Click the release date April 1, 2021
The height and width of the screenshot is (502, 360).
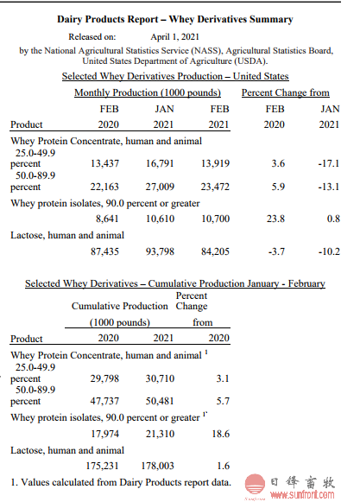[x=174, y=37]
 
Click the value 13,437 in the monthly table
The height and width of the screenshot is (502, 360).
[x=104, y=163]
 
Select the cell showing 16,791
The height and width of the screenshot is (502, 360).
[x=160, y=163]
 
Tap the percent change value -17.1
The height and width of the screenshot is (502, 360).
[x=329, y=163]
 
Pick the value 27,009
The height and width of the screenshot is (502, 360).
[x=160, y=187]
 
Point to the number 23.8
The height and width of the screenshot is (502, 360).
[x=275, y=219]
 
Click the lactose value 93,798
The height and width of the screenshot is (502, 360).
[x=160, y=251]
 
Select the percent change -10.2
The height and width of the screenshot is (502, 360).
[x=329, y=251]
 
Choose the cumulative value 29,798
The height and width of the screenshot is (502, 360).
[x=104, y=378]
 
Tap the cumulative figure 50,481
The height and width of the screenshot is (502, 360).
[x=160, y=401]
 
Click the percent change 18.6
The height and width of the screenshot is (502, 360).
[x=221, y=434]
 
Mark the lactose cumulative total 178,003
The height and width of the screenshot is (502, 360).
[x=157, y=466]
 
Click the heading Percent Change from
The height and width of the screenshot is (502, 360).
[x=286, y=92]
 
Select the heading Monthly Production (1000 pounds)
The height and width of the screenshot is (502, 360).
[x=148, y=92]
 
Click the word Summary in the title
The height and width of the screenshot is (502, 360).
[x=271, y=19]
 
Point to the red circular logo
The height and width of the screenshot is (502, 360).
[x=255, y=484]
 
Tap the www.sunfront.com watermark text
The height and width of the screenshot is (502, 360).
[x=302, y=494]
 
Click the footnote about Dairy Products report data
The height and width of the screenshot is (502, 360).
[x=121, y=482]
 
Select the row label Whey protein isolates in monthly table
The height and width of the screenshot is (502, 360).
[x=105, y=203]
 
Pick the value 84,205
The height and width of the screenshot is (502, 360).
[x=215, y=251]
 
